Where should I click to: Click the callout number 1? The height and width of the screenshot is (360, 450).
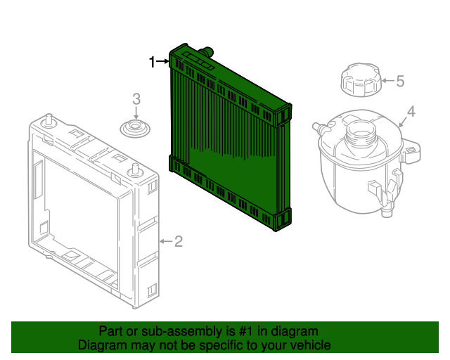coord(152,62)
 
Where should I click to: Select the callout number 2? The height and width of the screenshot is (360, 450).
coord(179,242)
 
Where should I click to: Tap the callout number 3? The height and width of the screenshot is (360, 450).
coord(137,99)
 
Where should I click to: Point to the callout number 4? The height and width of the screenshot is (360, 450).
coord(411,111)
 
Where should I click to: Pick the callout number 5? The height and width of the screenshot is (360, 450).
coord(400,82)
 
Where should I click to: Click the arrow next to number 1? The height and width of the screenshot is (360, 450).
coord(163,62)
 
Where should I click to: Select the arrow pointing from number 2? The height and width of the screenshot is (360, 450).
coord(165,242)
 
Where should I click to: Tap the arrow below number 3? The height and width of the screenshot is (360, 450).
coord(136,113)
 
